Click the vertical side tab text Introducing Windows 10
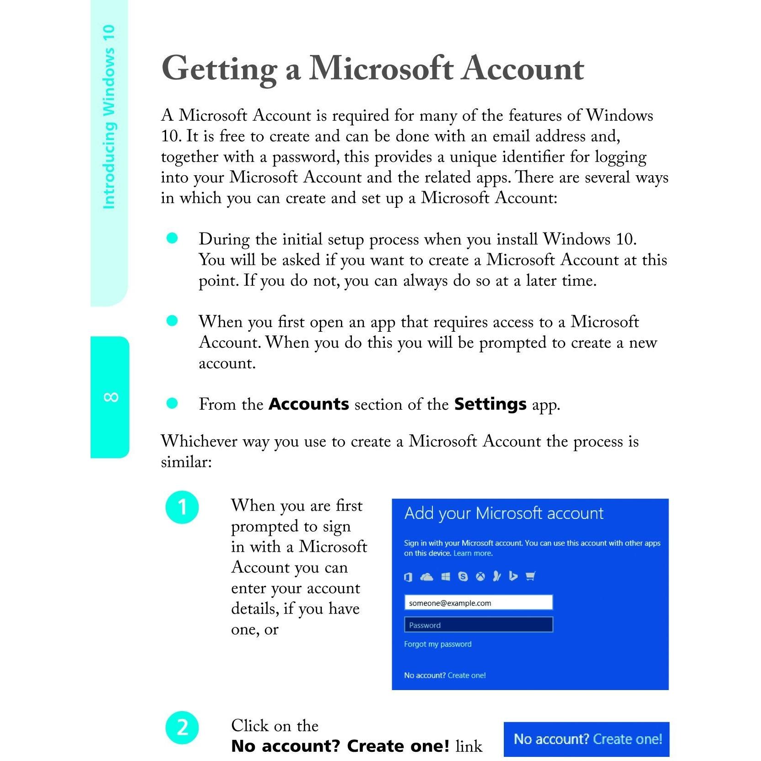pyautogui.click(x=109, y=117)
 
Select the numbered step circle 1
pyautogui.click(x=182, y=507)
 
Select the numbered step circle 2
pyautogui.click(x=182, y=727)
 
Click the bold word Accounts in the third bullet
pyautogui.click(x=309, y=404)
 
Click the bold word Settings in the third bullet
pyautogui.click(x=490, y=404)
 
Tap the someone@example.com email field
pyautogui.click(x=478, y=603)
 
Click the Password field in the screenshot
pyautogui.click(x=478, y=625)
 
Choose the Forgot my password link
pyautogui.click(x=437, y=644)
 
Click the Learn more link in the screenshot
pyautogui.click(x=473, y=553)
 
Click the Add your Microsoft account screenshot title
pyautogui.click(x=504, y=514)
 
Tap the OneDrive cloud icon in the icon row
pyautogui.click(x=426, y=577)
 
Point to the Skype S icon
pyautogui.click(x=463, y=577)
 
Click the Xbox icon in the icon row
pyautogui.click(x=480, y=577)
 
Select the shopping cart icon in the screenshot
pyautogui.click(x=530, y=577)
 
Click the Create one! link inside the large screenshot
pyautogui.click(x=467, y=675)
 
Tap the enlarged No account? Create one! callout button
pyautogui.click(x=586, y=739)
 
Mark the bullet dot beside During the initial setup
pyautogui.click(x=172, y=238)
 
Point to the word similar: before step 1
pyautogui.click(x=186, y=462)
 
